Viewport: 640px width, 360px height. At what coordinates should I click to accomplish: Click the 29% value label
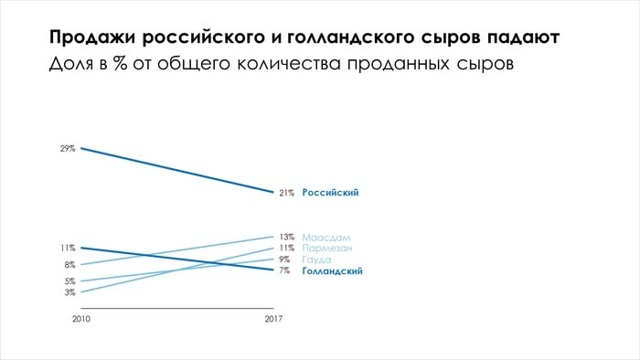coord(68,148)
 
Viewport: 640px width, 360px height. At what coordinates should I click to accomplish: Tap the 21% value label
coord(286,193)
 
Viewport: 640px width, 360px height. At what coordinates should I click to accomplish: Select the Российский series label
coord(330,193)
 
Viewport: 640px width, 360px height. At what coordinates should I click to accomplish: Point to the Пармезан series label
coord(327,248)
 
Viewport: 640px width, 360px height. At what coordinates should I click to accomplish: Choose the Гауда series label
coord(316,259)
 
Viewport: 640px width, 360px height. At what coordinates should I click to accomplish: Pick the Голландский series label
coord(333,271)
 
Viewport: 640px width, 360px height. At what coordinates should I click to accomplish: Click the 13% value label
coord(286,237)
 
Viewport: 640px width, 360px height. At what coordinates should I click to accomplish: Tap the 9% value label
coord(284,259)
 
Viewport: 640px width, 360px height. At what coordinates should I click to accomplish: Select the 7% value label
coord(284,271)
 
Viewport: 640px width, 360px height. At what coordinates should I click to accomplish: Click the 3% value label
coord(70,292)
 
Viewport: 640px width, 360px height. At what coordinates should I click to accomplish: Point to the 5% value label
coord(70,281)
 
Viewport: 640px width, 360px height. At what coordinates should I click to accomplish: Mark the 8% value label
coord(70,265)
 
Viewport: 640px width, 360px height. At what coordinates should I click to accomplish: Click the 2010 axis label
coord(81,318)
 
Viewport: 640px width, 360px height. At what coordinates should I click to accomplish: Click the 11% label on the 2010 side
coord(68,248)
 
